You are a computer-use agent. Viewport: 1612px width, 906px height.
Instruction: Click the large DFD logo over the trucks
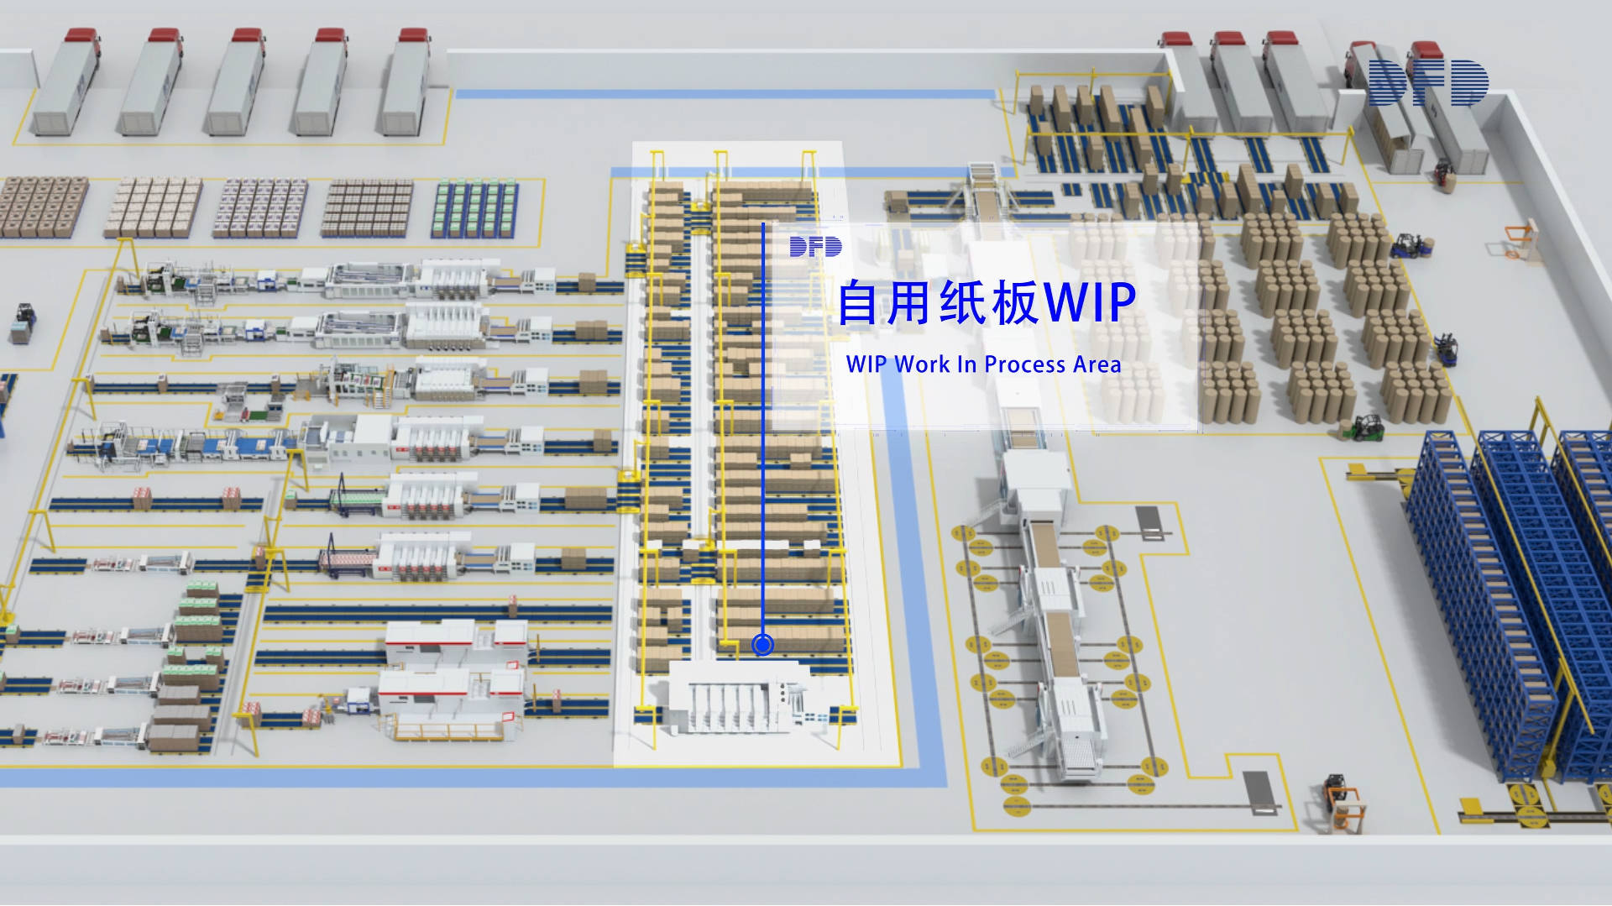[1427, 82]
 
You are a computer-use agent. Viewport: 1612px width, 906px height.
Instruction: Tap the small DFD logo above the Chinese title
[815, 246]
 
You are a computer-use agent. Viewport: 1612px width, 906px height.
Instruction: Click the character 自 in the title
[858, 302]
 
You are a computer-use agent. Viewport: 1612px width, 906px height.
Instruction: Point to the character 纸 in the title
[963, 302]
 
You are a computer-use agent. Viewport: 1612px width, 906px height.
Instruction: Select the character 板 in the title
[1015, 302]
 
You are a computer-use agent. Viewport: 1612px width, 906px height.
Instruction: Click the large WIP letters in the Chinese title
[1091, 302]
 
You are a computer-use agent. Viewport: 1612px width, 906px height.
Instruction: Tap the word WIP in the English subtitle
[866, 364]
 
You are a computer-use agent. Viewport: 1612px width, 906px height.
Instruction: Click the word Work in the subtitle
[922, 364]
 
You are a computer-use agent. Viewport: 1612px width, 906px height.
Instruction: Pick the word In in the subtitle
[966, 364]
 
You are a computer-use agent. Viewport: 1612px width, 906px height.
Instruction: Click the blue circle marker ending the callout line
[762, 644]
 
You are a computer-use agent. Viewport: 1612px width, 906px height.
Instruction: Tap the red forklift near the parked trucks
[1443, 175]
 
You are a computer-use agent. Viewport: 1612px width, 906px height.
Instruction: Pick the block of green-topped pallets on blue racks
[474, 208]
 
